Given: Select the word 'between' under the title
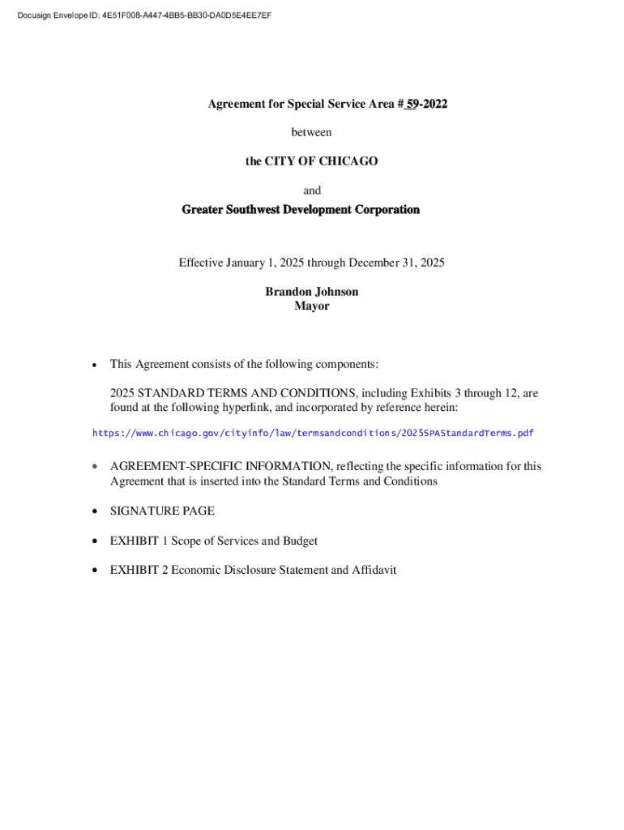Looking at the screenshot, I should pyautogui.click(x=311, y=132).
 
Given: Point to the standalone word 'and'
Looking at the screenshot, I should pyautogui.click(x=311, y=190).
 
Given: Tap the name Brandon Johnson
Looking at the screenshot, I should pyautogui.click(x=311, y=292).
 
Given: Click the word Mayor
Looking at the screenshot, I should pyautogui.click(x=311, y=306).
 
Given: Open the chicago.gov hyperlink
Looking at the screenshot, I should pyautogui.click(x=313, y=433).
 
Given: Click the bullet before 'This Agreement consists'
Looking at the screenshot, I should pyautogui.click(x=95, y=365).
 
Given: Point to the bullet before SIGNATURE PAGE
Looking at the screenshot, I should pyautogui.click(x=95, y=511).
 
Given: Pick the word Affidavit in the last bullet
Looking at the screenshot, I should pyautogui.click(x=374, y=570).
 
